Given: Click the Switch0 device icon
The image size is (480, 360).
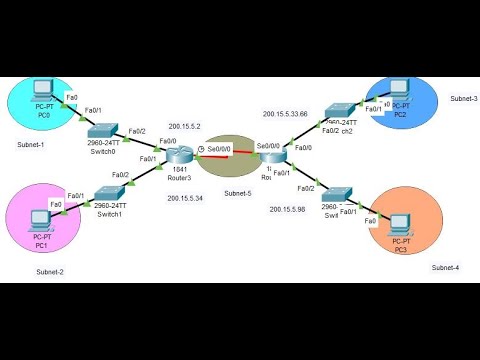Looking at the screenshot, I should click(102, 131).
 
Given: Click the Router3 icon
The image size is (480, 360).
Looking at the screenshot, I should click(181, 154).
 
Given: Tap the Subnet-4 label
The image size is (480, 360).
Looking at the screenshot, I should click(447, 268).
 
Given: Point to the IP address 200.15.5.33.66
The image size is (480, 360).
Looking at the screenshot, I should click(285, 114).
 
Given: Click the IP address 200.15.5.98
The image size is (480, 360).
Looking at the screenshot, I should click(289, 208).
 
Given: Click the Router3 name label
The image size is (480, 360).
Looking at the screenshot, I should click(181, 176).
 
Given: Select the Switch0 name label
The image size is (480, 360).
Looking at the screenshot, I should click(103, 151).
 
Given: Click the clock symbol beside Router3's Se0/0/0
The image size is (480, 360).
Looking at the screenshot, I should click(201, 149).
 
